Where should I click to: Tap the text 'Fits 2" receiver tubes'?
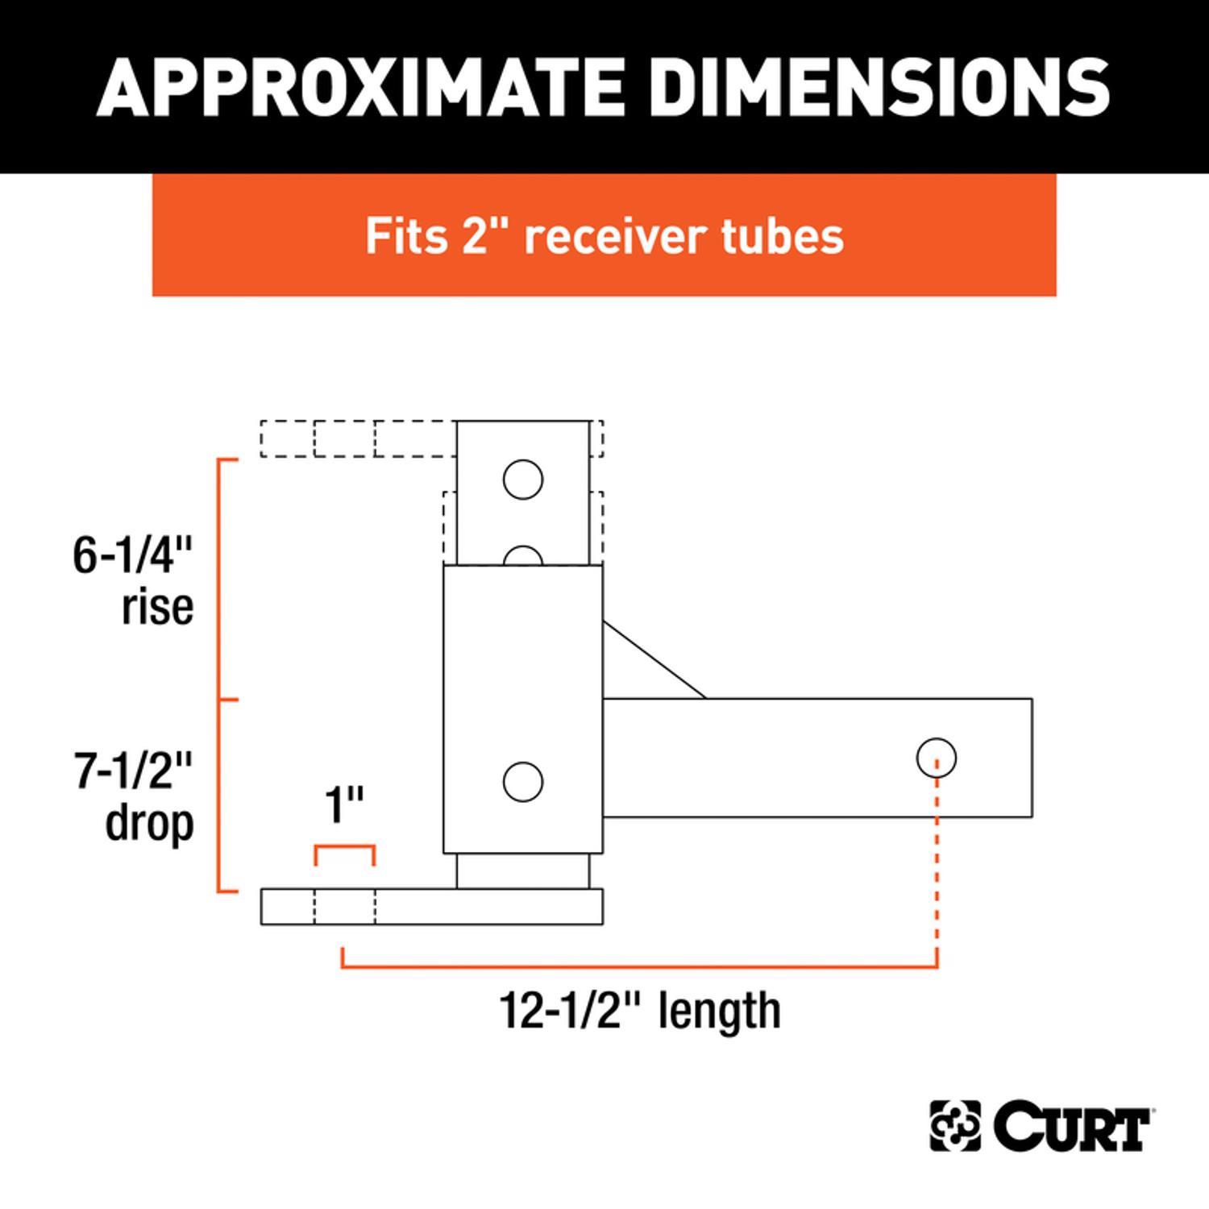(604, 235)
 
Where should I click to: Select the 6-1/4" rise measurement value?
(133, 555)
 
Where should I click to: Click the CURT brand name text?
(1072, 1126)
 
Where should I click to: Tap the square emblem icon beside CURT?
(955, 1126)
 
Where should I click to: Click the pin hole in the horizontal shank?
(936, 758)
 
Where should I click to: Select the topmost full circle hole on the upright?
(523, 480)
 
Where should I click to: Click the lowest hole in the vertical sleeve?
(523, 782)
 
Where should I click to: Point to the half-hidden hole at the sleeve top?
(523, 557)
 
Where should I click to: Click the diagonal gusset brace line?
(654, 659)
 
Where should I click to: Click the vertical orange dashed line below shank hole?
(937, 870)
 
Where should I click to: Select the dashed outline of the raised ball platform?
(355, 438)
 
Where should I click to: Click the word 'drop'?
(150, 823)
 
